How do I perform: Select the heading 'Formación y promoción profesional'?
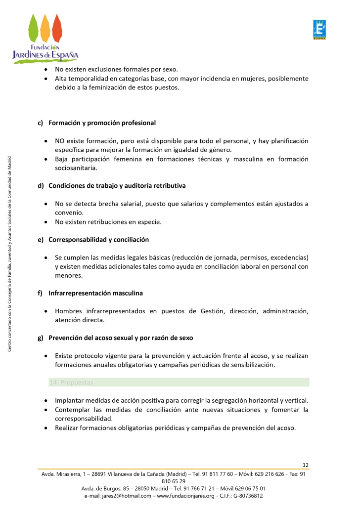(x=102, y=123)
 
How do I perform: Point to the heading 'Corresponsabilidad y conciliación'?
(x=98, y=240)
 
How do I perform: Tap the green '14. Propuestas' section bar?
(x=179, y=382)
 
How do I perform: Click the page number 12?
(x=306, y=465)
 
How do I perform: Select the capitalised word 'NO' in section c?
(x=60, y=141)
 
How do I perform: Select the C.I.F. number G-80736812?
(x=247, y=495)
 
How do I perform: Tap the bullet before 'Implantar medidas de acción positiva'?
(x=45, y=401)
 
